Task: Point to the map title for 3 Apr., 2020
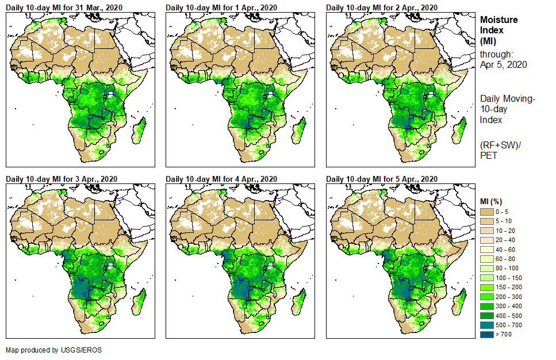(62, 179)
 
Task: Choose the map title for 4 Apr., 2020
(221, 179)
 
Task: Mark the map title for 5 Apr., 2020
(382, 179)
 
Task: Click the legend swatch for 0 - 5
(488, 212)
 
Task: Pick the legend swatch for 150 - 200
(488, 286)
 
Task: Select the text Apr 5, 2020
(504, 65)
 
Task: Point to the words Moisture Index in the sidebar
(499, 25)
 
